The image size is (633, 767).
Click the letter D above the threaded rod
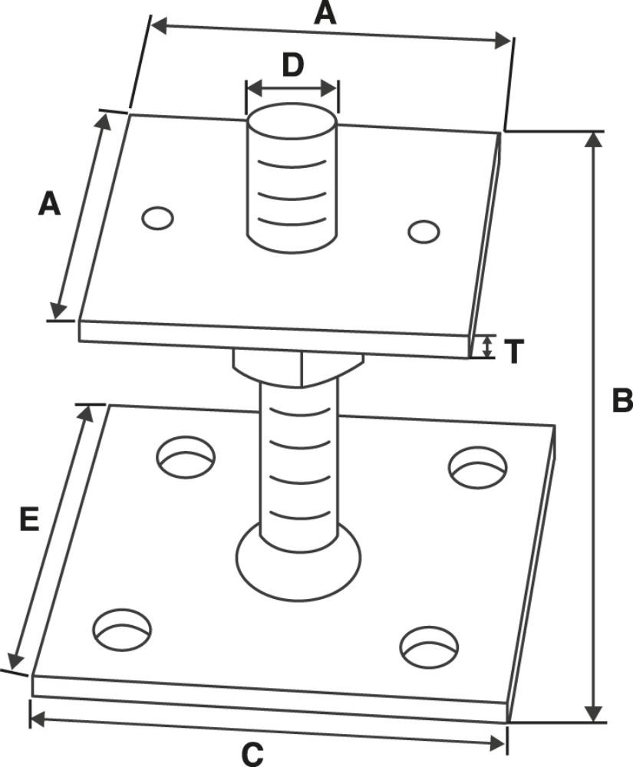(292, 65)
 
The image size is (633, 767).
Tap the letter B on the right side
(621, 400)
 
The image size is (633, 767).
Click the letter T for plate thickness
(514, 351)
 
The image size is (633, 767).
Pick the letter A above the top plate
(326, 13)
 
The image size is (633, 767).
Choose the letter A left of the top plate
(49, 205)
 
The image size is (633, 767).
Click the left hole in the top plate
(157, 218)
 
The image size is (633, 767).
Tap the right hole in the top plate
(424, 231)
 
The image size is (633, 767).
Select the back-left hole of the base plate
(185, 458)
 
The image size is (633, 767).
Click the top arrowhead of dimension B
(593, 140)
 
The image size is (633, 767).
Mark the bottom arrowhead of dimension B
(593, 713)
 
